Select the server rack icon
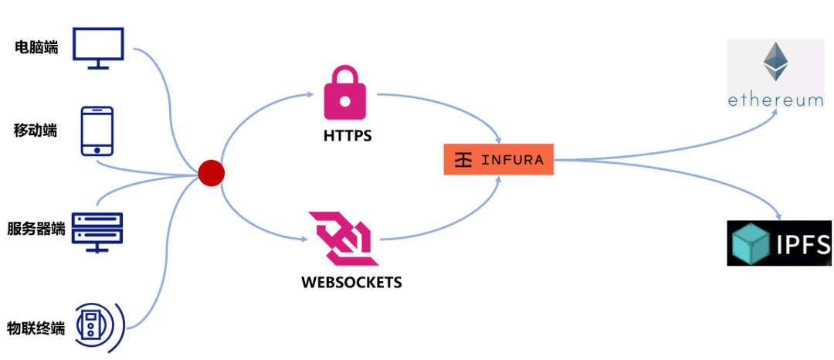[97, 231]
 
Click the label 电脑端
[36, 48]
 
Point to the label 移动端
[36, 130]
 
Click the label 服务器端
[36, 229]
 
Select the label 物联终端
[36, 328]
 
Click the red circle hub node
[211, 173]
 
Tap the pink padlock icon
[345, 93]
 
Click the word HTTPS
[347, 136]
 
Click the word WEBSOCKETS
[351, 282]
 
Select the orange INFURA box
[498, 159]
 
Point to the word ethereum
[775, 100]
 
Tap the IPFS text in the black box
[803, 244]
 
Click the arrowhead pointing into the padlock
[310, 96]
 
